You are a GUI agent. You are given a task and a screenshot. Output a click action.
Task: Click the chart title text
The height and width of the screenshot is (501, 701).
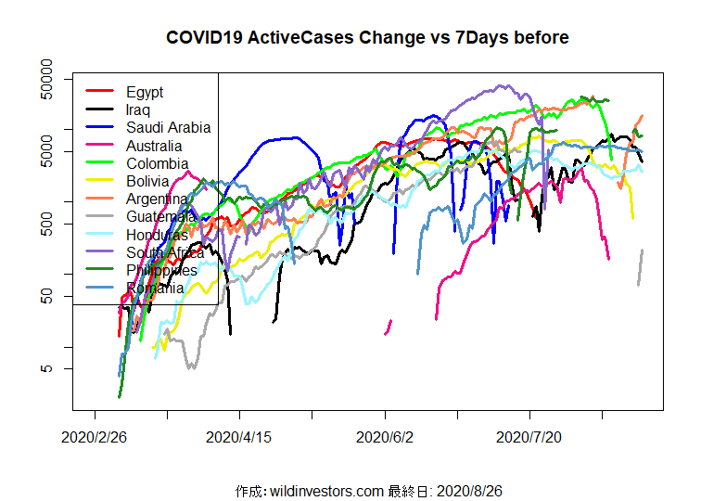coord(367,38)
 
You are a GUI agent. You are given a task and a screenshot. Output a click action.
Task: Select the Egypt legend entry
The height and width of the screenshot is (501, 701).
coord(145,92)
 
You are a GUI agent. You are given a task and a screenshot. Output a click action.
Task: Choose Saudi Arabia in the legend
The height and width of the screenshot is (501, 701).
coord(169,127)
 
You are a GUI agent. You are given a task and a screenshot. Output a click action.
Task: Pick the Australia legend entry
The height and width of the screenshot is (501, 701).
coord(154,146)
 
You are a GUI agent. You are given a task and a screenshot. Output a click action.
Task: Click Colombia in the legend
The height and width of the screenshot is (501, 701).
coord(158,163)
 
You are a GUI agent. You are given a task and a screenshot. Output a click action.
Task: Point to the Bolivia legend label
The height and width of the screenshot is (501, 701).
coord(148,181)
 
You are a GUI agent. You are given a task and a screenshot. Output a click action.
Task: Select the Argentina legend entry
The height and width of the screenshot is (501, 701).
coord(158,199)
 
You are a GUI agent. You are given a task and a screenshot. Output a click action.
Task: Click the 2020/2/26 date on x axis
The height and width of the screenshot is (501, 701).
coord(95,436)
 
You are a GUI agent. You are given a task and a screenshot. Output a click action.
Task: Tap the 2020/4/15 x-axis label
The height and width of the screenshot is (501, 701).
coord(239,436)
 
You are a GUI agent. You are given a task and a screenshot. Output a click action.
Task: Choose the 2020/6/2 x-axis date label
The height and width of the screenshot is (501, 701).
coord(385,436)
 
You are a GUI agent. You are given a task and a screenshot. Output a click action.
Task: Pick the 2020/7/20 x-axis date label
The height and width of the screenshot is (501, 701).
coord(529,436)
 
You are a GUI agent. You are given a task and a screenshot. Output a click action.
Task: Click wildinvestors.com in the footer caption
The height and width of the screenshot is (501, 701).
coord(327,490)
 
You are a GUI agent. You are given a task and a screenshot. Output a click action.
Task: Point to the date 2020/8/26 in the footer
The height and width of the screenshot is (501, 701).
coord(469,490)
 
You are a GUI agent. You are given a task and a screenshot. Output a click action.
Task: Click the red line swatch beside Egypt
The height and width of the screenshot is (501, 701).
coord(100,92)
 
